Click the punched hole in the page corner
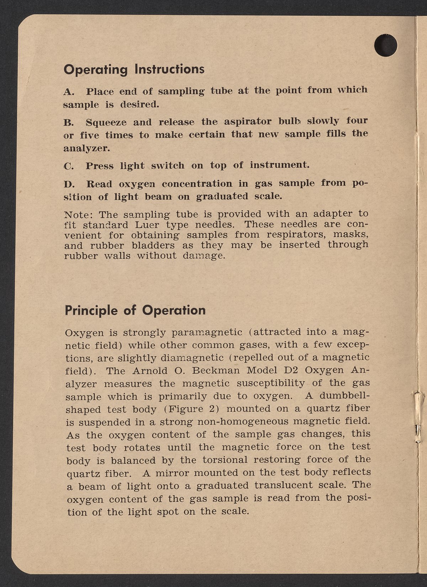click(x=386, y=45)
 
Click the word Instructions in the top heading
click(x=169, y=69)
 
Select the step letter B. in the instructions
click(x=68, y=123)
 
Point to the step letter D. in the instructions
click(x=68, y=185)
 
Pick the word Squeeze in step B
click(x=106, y=123)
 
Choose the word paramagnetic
click(x=207, y=333)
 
